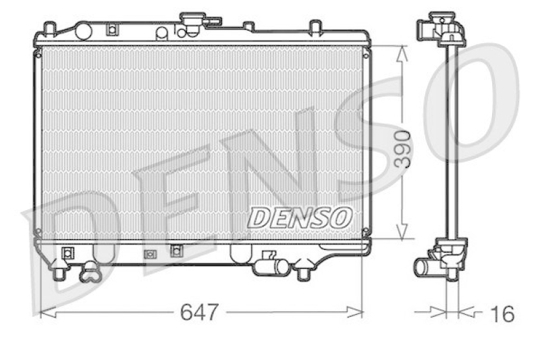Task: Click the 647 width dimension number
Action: click(200, 312)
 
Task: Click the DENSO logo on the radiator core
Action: click(300, 217)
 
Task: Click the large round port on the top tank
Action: click(83, 30)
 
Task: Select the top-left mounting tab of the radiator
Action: click(49, 28)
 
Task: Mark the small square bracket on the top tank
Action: click(112, 30)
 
